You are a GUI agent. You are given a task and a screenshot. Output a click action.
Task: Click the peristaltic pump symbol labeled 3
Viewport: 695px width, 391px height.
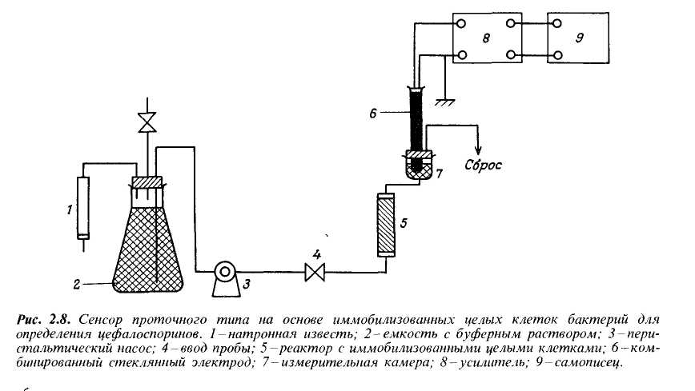[x=225, y=279]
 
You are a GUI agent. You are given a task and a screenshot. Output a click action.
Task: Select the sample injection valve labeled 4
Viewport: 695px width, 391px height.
[x=315, y=272]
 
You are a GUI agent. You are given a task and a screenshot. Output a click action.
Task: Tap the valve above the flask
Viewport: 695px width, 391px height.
[x=147, y=122]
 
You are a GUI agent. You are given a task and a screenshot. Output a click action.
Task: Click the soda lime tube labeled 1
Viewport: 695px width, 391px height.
[x=83, y=208]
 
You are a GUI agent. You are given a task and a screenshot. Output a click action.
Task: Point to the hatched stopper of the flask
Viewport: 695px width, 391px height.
[x=147, y=182]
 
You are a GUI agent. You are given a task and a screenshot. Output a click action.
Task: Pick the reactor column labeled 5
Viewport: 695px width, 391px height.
[x=386, y=225]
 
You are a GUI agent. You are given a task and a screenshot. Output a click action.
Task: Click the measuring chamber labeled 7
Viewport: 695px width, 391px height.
[x=419, y=165]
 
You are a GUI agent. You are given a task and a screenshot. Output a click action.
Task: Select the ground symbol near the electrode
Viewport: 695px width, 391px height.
[x=444, y=102]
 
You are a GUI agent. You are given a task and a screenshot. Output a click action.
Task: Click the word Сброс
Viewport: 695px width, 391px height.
[x=483, y=166]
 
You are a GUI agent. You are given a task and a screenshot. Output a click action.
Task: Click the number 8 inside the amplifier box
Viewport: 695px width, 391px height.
[x=486, y=38]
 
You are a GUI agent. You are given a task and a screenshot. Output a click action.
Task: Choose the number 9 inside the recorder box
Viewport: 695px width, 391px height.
[x=579, y=38]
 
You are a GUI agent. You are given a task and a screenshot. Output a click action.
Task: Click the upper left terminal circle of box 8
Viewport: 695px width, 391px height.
[x=461, y=23]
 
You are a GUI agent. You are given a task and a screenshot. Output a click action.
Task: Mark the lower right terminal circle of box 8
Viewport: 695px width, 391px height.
[x=511, y=55]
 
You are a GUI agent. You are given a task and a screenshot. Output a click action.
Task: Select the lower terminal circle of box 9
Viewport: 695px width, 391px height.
[x=558, y=55]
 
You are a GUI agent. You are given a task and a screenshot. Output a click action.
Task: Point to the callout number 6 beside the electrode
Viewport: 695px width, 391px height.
[x=373, y=114]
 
